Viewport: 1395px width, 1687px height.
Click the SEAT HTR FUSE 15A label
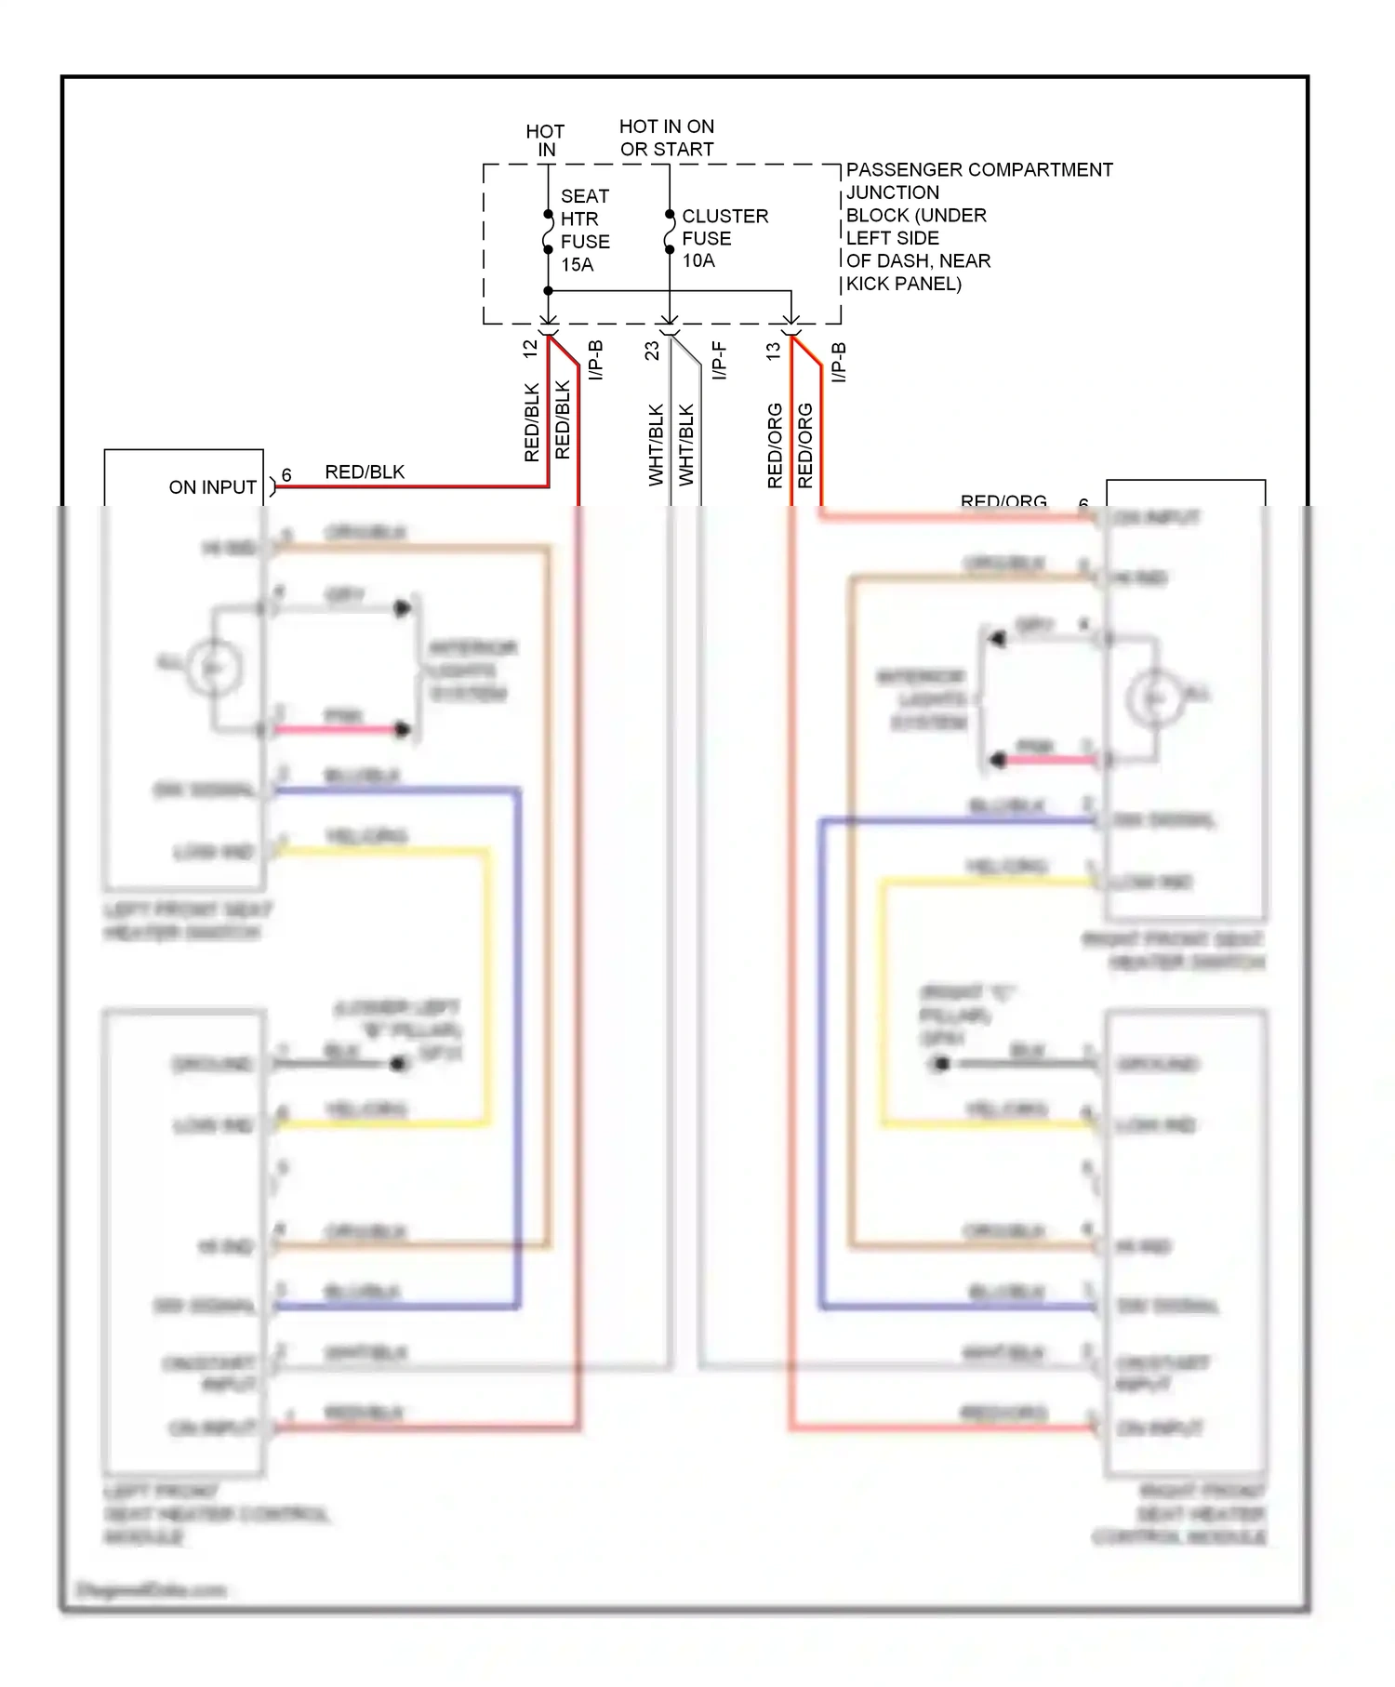(x=584, y=231)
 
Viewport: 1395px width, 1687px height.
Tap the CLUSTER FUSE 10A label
(x=724, y=238)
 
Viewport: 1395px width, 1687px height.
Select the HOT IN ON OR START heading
(x=667, y=138)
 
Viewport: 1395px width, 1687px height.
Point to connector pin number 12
(x=530, y=350)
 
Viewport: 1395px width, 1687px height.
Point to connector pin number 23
(x=652, y=351)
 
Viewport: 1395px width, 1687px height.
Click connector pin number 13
(x=773, y=352)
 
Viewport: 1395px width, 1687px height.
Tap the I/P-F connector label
(x=719, y=361)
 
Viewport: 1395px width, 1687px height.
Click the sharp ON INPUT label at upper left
(x=212, y=487)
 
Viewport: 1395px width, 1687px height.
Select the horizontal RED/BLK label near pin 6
(x=365, y=472)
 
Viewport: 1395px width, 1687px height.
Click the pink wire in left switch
(x=335, y=730)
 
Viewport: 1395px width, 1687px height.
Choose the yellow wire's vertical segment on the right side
(x=883, y=1004)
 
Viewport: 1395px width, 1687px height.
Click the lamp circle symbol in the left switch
(x=215, y=667)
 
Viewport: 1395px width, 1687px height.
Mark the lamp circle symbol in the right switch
(x=1154, y=697)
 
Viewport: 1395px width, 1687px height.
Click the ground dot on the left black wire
(x=398, y=1063)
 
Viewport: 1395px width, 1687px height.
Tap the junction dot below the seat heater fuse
(x=548, y=291)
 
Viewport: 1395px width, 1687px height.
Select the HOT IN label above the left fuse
(x=545, y=140)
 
